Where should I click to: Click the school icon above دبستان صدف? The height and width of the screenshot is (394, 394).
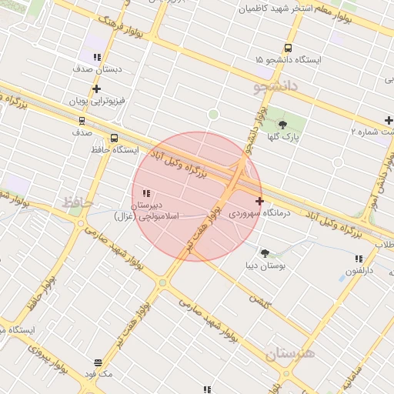pyautogui.click(x=97, y=57)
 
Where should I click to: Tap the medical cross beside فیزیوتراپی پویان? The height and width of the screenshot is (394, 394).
pyautogui.click(x=96, y=89)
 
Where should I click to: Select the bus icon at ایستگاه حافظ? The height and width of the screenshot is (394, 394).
pyautogui.click(x=114, y=139)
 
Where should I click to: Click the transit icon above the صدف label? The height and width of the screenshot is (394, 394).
pyautogui.click(x=82, y=121)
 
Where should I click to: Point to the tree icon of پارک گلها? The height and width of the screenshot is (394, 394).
pyautogui.click(x=283, y=125)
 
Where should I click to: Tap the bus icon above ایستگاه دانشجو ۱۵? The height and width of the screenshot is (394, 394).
pyautogui.click(x=288, y=48)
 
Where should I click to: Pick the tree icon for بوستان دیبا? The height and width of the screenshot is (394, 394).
pyautogui.click(x=265, y=253)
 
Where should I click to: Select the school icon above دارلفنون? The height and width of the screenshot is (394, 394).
pyautogui.click(x=358, y=259)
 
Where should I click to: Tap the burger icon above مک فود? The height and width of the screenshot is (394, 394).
pyautogui.click(x=98, y=362)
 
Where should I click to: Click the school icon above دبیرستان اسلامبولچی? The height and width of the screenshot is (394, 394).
pyautogui.click(x=146, y=193)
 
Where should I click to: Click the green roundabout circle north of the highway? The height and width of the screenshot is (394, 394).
pyautogui.click(x=213, y=115)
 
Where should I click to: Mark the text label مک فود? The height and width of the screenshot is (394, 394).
pyautogui.click(x=98, y=374)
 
